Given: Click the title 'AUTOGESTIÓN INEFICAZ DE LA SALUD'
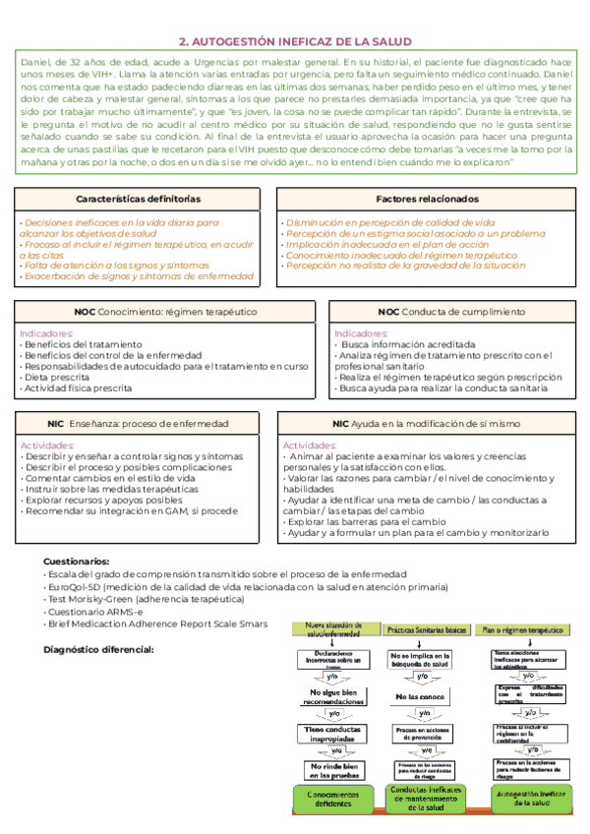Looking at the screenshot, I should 295,41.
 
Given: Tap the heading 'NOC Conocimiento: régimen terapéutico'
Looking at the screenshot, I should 151,312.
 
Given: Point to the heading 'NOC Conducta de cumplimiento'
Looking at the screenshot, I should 451,312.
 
